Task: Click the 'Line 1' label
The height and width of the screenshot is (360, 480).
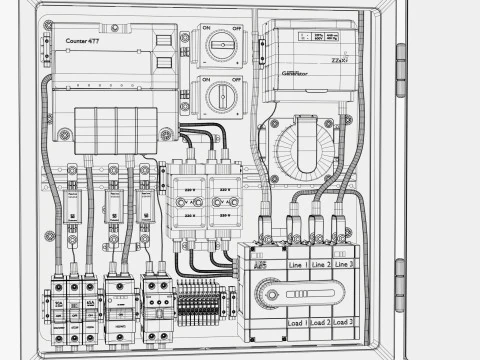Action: pos(297,265)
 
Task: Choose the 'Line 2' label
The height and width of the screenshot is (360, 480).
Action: pos(320,265)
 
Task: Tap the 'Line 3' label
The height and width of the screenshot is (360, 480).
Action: pos(344,265)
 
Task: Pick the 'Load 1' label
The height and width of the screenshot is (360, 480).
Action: pos(297,323)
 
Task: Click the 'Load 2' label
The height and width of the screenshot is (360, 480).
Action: pos(320,323)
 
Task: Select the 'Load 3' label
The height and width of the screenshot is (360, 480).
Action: pos(344,323)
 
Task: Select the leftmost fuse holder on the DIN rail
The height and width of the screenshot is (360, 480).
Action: pos(72,205)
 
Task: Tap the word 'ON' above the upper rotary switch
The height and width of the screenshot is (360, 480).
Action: pos(206,28)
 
